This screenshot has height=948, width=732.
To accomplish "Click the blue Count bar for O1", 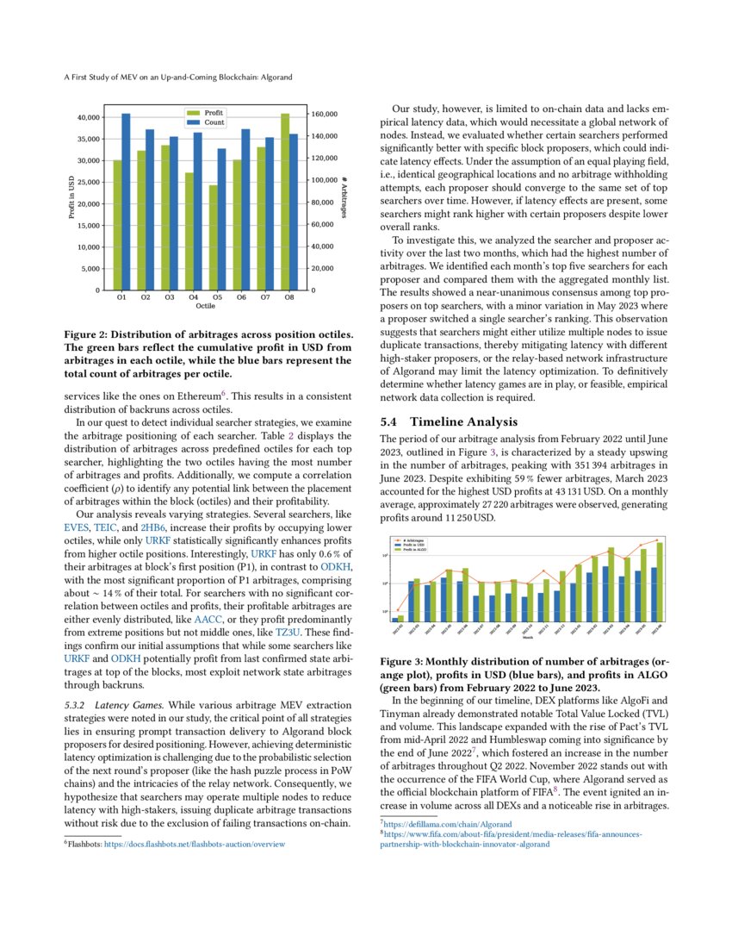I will coord(126,202).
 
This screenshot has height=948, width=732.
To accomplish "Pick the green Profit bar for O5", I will coord(214,238).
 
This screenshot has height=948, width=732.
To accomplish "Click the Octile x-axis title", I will coord(205,306).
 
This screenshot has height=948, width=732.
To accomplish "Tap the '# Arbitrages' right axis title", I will coord(344,203).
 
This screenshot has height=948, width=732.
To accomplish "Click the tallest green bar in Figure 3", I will coord(661,582).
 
